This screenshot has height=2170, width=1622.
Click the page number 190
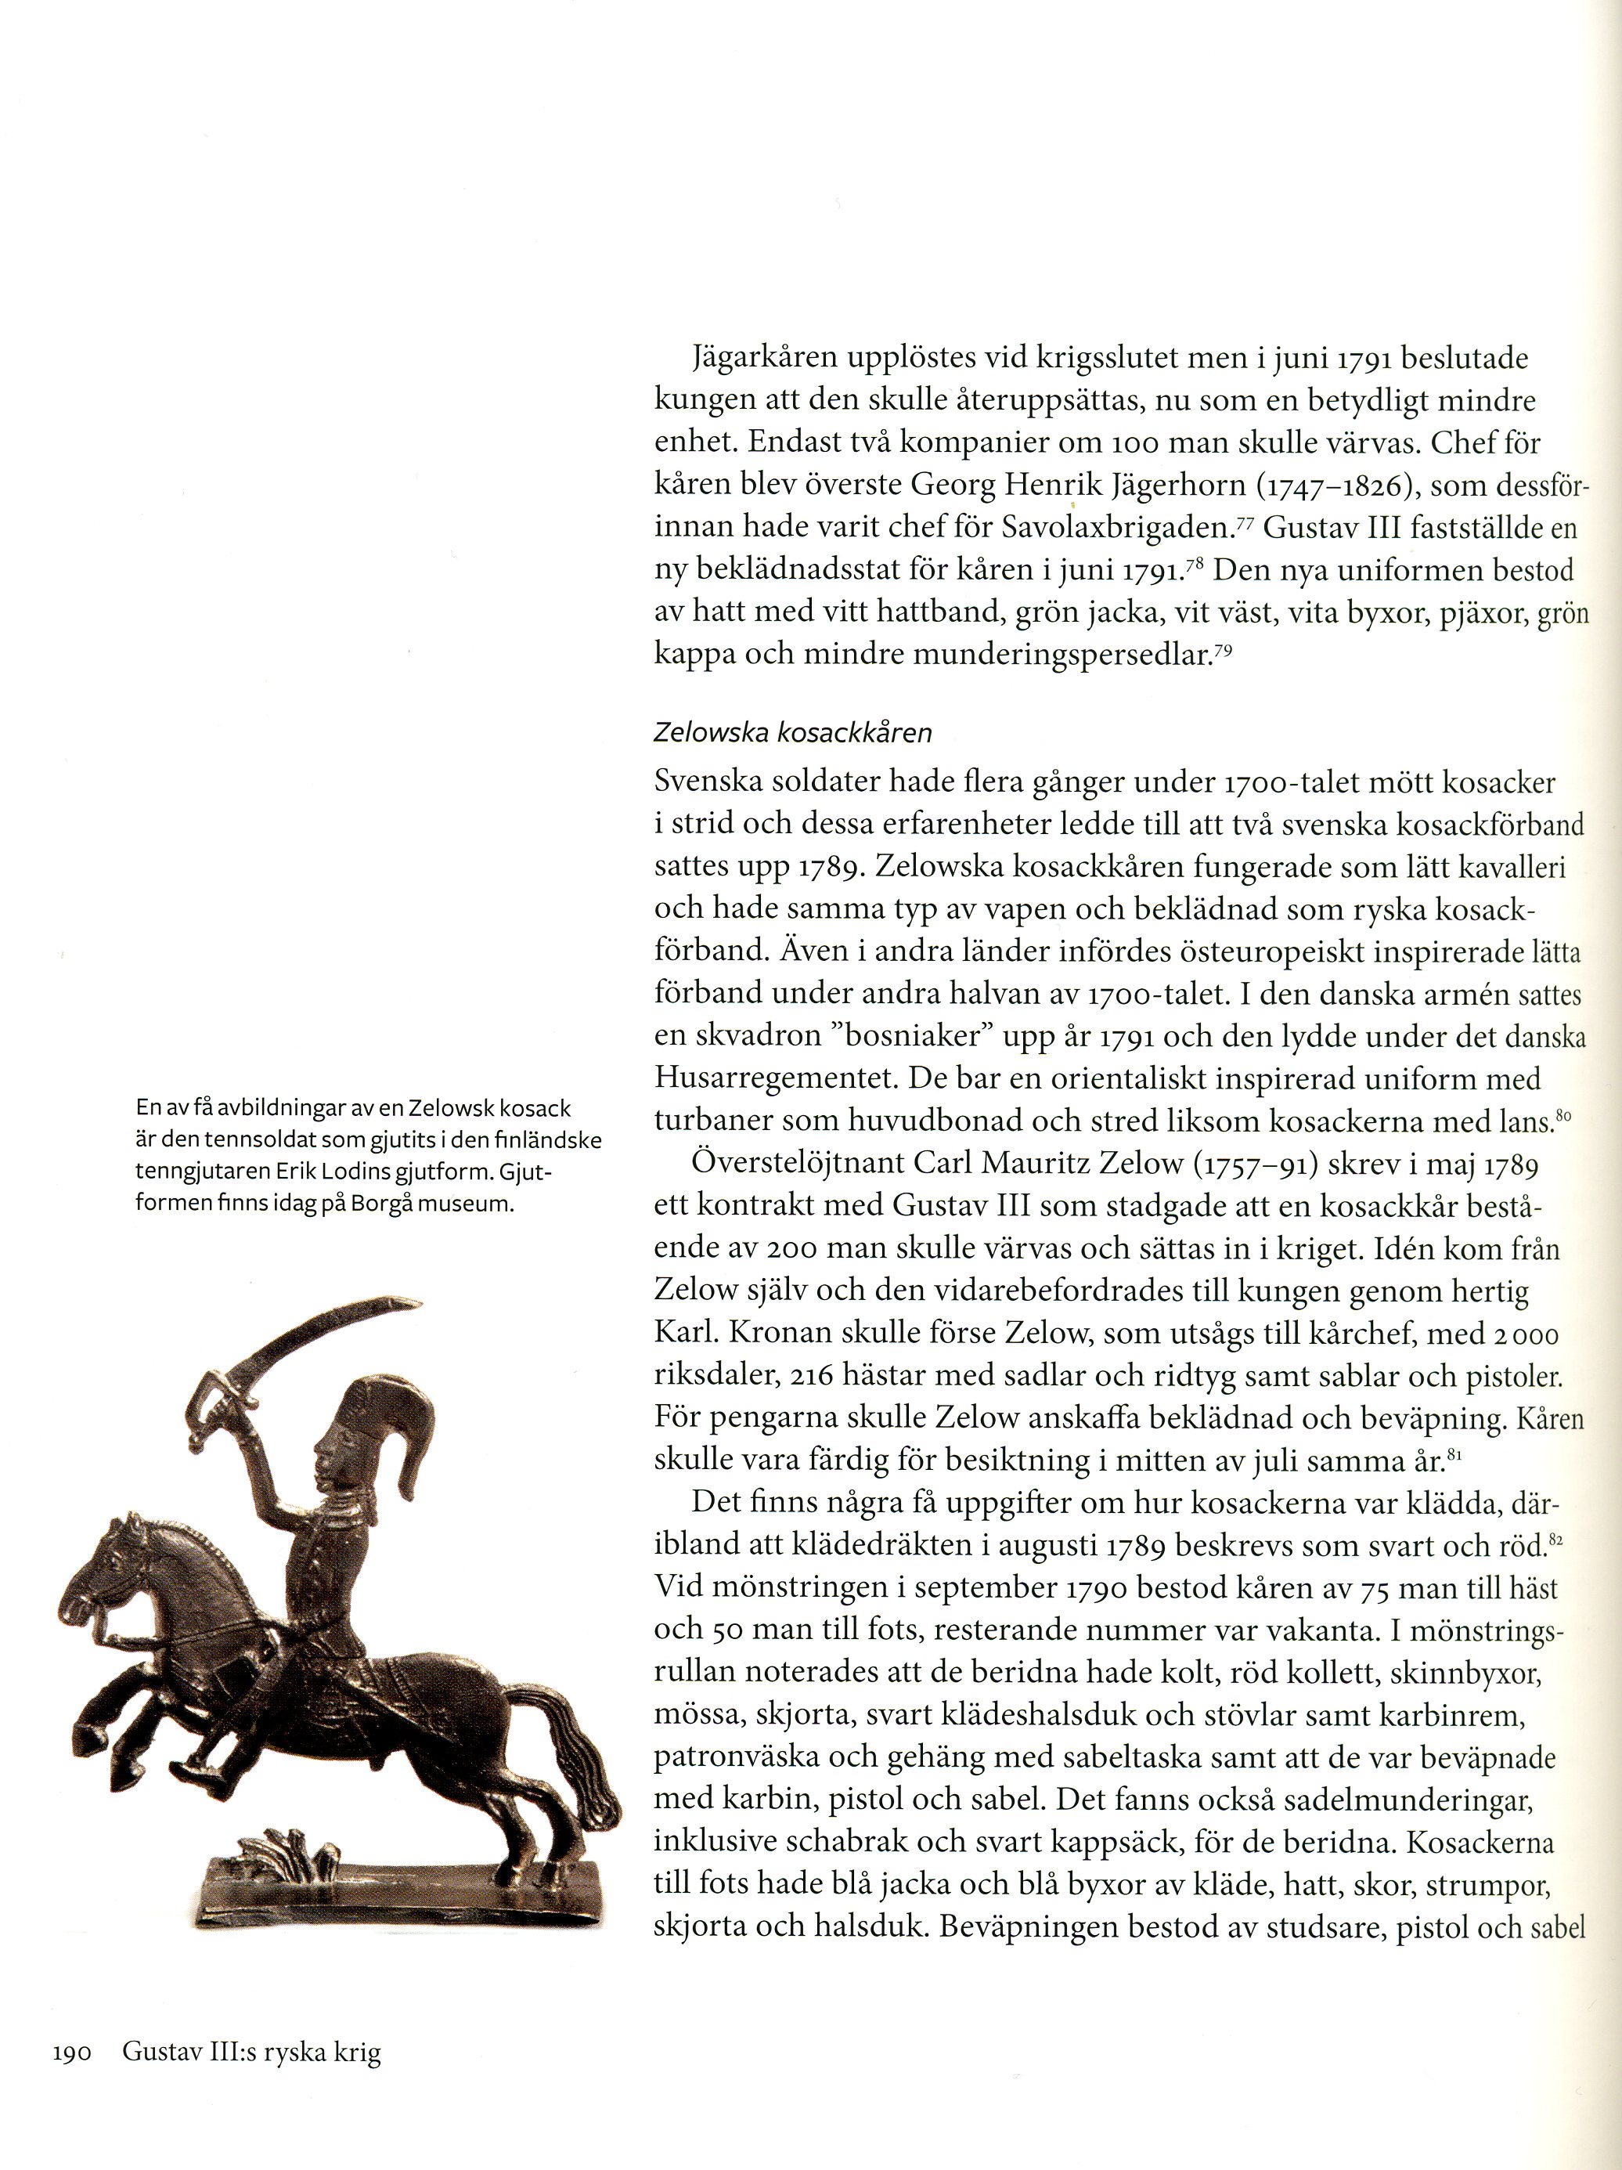pos(71,2053)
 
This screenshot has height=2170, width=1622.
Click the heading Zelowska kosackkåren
pos(792,732)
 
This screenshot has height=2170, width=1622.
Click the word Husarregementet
pos(776,1079)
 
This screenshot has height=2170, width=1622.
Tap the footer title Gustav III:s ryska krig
pos(251,2053)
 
